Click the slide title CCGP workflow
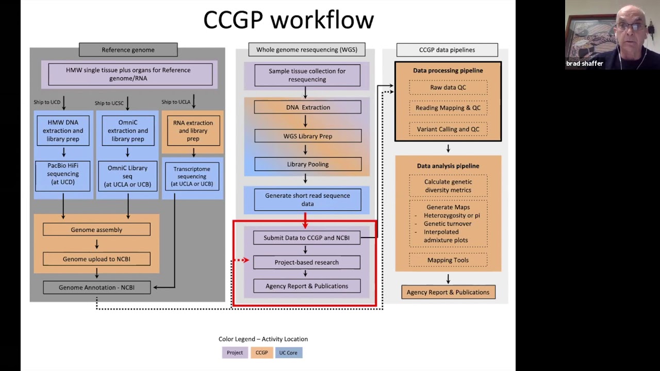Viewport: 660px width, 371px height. [x=288, y=20]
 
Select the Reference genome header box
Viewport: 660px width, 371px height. [x=128, y=50]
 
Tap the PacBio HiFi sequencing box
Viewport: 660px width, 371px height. [x=63, y=174]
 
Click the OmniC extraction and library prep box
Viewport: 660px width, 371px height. [x=128, y=131]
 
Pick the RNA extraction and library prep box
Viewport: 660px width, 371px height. [x=193, y=131]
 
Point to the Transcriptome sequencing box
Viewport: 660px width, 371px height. [x=192, y=176]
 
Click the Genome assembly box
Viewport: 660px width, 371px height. [x=96, y=230]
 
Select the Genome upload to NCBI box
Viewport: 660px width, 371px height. [x=96, y=259]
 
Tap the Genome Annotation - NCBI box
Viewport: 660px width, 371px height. [x=96, y=288]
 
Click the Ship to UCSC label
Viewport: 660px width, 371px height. [x=109, y=103]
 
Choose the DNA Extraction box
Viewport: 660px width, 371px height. [x=308, y=107]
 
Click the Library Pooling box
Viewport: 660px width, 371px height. [x=308, y=164]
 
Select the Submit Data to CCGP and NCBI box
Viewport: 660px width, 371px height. [x=307, y=238]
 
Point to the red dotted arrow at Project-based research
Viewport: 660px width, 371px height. [x=241, y=260]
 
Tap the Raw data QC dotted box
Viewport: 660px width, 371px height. [x=448, y=88]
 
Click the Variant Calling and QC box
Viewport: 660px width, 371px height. [x=448, y=129]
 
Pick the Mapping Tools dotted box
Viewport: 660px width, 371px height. [x=448, y=260]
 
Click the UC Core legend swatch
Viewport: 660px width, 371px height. [x=288, y=353]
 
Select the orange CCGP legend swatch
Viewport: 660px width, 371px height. [x=261, y=353]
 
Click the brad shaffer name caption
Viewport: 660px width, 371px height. [x=584, y=64]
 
